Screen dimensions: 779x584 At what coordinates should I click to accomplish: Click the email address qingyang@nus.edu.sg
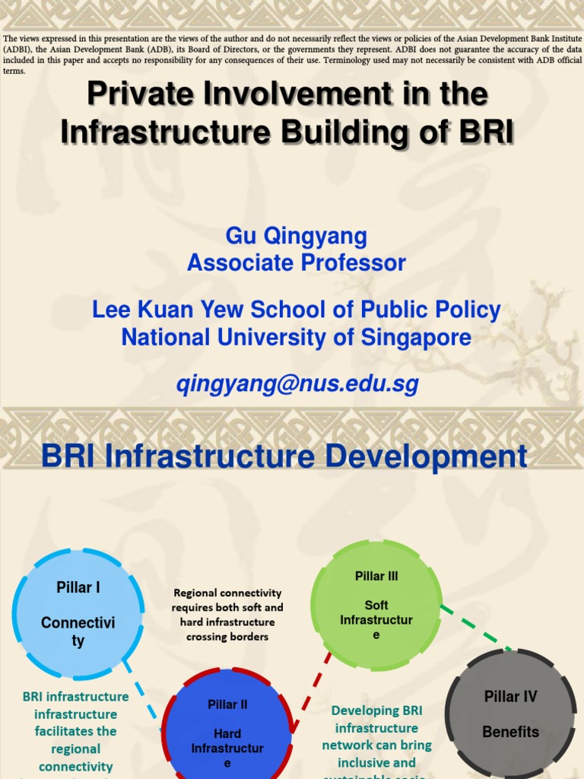click(x=297, y=385)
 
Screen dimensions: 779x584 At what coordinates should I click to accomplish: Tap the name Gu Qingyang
click(x=297, y=236)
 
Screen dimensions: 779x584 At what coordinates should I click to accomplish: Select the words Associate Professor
click(x=297, y=263)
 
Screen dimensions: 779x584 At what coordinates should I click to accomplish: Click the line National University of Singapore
click(x=297, y=337)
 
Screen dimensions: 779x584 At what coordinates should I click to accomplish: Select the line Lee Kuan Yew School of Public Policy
click(x=297, y=310)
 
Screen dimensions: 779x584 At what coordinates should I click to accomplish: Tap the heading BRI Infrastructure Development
click(x=284, y=457)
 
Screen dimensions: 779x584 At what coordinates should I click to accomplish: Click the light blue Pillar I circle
click(x=78, y=614)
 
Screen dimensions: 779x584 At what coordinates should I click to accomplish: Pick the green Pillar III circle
click(x=376, y=605)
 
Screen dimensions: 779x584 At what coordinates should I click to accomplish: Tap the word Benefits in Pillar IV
click(x=510, y=732)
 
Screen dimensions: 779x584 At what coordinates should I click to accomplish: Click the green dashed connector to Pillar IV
click(x=478, y=629)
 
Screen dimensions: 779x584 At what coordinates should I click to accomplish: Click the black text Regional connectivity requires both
click(x=227, y=615)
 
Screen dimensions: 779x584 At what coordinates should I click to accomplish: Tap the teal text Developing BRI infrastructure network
click(x=376, y=736)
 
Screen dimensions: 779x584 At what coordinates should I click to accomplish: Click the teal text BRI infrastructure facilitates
click(x=75, y=730)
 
